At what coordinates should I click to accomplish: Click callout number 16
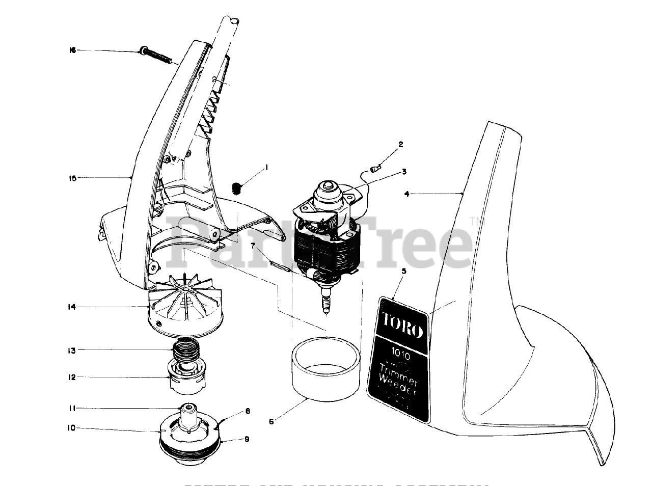[x=72, y=50]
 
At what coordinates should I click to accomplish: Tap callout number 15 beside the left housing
[x=72, y=178]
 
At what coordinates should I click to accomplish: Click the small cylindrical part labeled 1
[x=236, y=187]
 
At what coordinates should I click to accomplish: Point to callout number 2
[x=401, y=145]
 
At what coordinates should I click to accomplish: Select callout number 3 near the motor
[x=404, y=172]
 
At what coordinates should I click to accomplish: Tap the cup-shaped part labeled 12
[x=185, y=377]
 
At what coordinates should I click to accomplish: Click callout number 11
[x=72, y=408]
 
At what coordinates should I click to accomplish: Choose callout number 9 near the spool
[x=247, y=439]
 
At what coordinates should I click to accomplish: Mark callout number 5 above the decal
[x=404, y=271]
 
